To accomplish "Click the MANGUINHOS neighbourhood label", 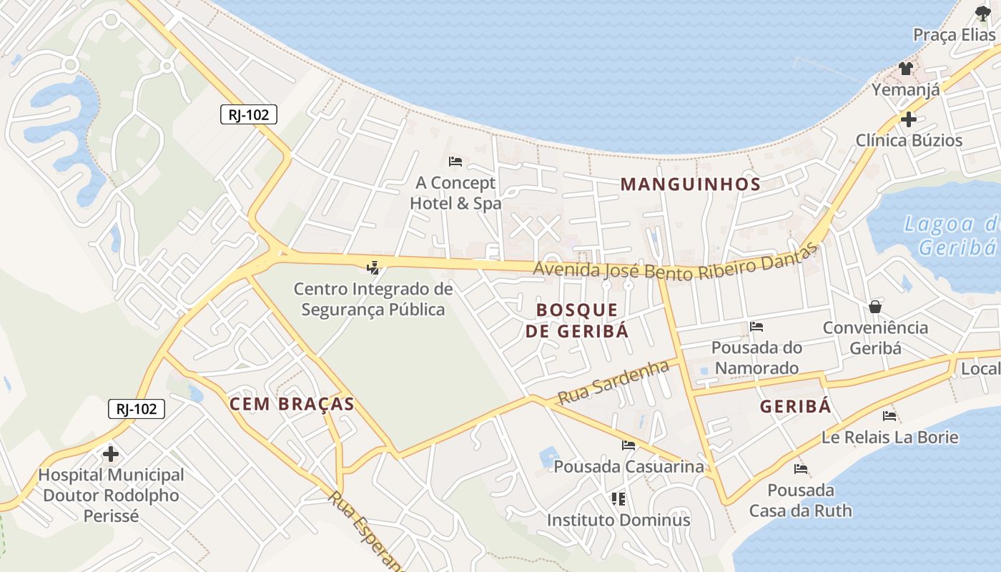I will [690, 184].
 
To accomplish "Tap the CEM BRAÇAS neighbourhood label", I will [292, 404].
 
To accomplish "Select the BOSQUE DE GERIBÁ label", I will [577, 320].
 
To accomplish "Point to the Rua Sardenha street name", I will [613, 383].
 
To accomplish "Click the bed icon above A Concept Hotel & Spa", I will [455, 162].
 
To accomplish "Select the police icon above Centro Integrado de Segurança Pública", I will [373, 268].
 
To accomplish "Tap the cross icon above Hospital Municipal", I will [111, 453].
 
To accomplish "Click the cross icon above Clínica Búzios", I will [909, 119].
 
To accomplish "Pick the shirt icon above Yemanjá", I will [906, 69].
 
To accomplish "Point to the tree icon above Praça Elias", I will [983, 13].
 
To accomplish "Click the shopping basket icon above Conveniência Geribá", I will [874, 307].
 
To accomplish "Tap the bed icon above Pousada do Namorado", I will [756, 327].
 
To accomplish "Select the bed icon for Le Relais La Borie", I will [889, 415].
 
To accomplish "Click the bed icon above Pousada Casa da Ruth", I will [801, 470].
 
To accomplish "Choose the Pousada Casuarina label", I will [629, 467].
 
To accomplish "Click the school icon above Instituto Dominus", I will [618, 498].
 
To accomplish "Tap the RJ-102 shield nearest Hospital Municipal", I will [137, 409].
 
